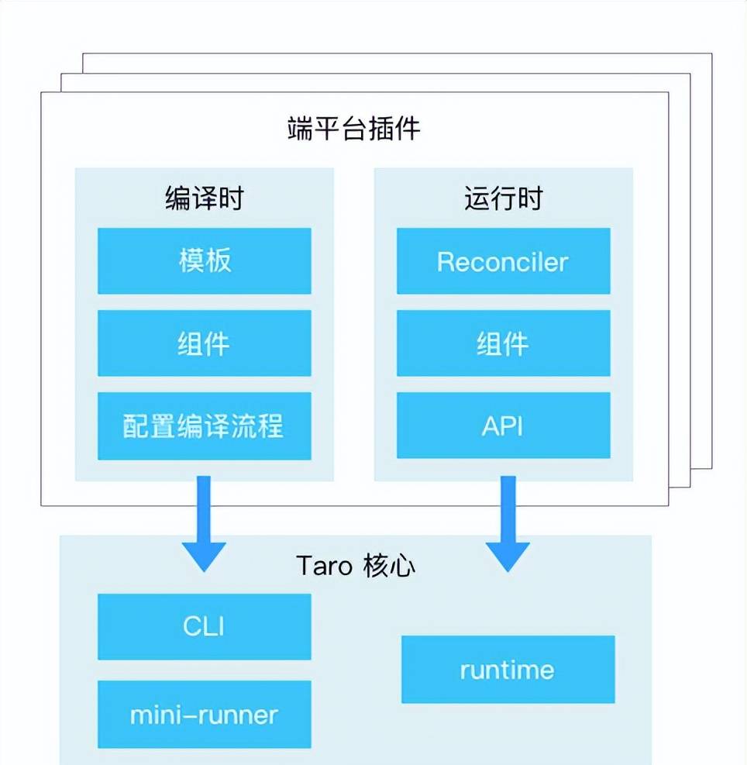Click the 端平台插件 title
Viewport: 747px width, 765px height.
pos(354,129)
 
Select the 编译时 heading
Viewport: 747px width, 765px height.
pos(204,198)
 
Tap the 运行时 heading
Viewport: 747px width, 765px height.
pos(503,198)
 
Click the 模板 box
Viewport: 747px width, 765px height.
pos(204,261)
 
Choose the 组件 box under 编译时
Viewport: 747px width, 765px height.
pos(204,343)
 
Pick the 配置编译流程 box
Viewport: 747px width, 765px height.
pos(204,426)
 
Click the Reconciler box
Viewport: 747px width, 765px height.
pos(503,261)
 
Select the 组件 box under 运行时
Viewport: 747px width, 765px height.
pos(503,343)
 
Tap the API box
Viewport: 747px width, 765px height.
pos(503,426)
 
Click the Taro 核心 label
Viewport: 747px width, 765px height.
pos(356,566)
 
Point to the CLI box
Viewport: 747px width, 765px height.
pos(204,626)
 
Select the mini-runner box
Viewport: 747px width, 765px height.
pos(204,714)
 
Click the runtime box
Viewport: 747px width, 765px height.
pos(508,670)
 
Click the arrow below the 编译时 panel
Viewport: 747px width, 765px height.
pos(204,523)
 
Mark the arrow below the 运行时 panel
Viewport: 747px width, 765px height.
pos(508,523)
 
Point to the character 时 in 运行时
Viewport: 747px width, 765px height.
pos(530,198)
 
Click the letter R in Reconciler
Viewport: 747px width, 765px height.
pos(445,261)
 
